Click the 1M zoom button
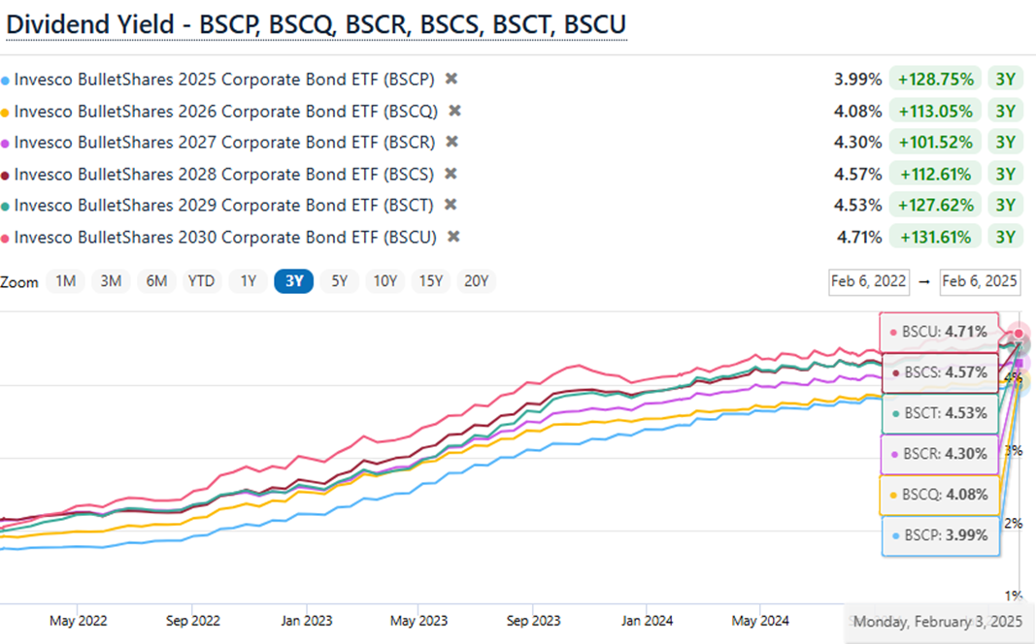[x=66, y=281]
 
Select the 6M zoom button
[x=156, y=281]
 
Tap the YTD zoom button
[x=201, y=281]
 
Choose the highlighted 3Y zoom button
[x=293, y=281]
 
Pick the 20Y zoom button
[x=476, y=281]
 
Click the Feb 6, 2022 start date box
[x=868, y=281]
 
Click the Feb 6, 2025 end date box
[x=980, y=281]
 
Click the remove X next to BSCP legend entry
[x=451, y=79]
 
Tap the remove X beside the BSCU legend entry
[x=452, y=237]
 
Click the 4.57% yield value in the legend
[x=858, y=174]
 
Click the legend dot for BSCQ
[x=7, y=112]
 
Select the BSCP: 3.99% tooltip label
[x=939, y=534]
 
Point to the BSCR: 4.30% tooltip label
[x=939, y=453]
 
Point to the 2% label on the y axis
[x=1014, y=524]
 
